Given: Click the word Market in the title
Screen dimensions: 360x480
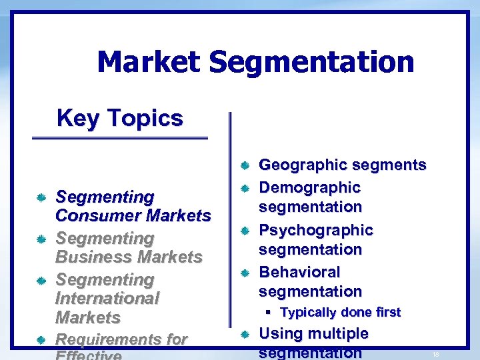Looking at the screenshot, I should coord(148,63).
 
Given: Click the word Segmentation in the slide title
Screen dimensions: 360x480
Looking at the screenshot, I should coord(311,63).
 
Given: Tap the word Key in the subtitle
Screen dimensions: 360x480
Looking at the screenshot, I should coord(77,119).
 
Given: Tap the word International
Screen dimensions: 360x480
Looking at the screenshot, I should coord(107,299).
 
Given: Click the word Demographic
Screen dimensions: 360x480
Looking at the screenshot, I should coord(309,188).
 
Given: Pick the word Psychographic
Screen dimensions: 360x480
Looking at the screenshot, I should coord(316,231).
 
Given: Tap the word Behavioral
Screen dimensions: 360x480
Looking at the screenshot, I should coord(299,273).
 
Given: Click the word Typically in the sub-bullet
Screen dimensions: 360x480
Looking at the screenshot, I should coord(309,313).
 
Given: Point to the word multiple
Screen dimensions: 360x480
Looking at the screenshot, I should coord(335,333).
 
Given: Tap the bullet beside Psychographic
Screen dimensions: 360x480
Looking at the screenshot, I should coord(245,231).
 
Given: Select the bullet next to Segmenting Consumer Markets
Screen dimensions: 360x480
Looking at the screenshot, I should coord(41,197).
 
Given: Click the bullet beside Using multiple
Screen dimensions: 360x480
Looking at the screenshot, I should coord(245,333).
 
